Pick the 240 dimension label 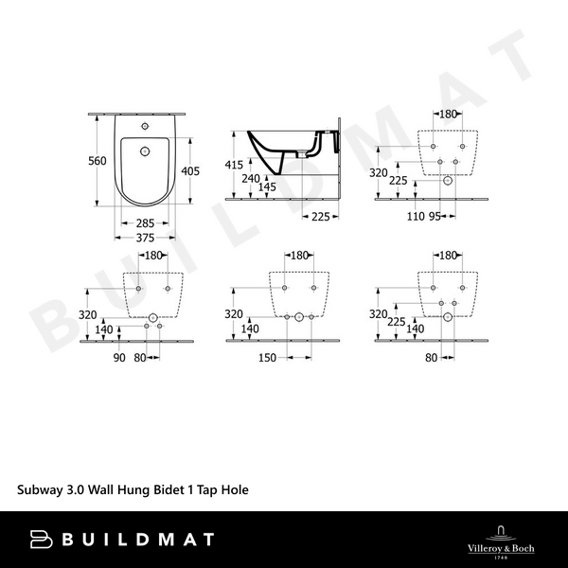point(251,178)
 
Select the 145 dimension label point(268,187)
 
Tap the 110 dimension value point(417,217)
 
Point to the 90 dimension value point(119,358)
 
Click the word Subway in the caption point(41,491)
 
